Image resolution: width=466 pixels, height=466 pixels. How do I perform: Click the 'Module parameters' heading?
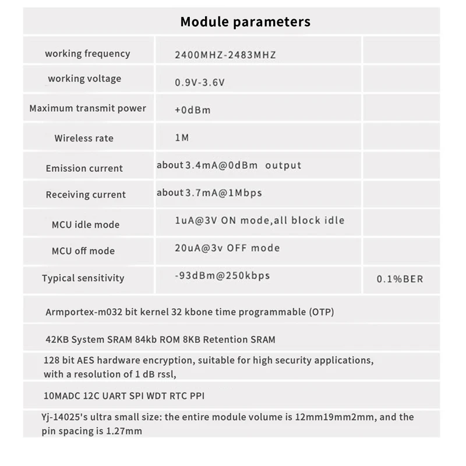pyautogui.click(x=245, y=22)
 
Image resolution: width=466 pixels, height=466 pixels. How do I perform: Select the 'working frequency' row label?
pyautogui.click(x=87, y=54)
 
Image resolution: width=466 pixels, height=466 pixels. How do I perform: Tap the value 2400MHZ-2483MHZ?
pyautogui.click(x=225, y=55)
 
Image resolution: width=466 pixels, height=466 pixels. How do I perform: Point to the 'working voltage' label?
pyautogui.click(x=84, y=79)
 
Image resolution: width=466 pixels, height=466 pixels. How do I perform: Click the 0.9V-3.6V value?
pyautogui.click(x=199, y=83)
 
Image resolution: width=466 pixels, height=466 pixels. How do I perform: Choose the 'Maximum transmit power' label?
pyautogui.click(x=87, y=108)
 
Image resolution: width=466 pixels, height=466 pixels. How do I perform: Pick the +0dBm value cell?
pyautogui.click(x=192, y=110)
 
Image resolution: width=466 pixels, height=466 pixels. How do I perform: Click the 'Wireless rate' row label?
pyautogui.click(x=84, y=139)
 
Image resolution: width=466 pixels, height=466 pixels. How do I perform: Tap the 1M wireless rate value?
pyautogui.click(x=182, y=138)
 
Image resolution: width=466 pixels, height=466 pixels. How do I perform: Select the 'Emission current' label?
pyautogui.click(x=84, y=168)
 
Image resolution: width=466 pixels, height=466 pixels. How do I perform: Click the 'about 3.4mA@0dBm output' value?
pyautogui.click(x=229, y=165)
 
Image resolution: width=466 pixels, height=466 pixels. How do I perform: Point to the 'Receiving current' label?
pyautogui.click(x=86, y=195)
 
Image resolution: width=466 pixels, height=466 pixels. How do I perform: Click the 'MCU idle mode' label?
pyautogui.click(x=86, y=225)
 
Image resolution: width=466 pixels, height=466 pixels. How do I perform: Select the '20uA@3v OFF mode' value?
pyautogui.click(x=227, y=248)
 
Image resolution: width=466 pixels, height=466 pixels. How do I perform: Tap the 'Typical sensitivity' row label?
pyautogui.click(x=83, y=278)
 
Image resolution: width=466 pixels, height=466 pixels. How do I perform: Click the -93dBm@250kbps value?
pyautogui.click(x=222, y=276)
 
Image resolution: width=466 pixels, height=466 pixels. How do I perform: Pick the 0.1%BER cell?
pyautogui.click(x=400, y=279)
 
